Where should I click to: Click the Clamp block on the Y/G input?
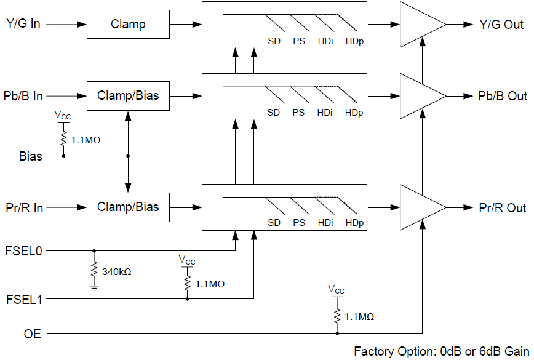pos(128,25)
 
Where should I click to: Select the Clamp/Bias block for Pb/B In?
pos(128,96)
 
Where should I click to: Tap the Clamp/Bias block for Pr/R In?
pos(128,207)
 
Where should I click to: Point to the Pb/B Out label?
pos(503,97)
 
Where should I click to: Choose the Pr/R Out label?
pos(503,208)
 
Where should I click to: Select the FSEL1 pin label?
pos(24,300)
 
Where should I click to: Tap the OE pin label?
pos(32,334)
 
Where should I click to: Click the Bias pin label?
pos(31,156)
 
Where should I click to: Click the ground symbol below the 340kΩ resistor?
pos(94,287)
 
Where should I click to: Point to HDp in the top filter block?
pos(354,42)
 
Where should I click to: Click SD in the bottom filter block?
pos(274,222)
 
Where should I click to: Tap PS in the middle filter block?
pos(298,113)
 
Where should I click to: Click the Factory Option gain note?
pos(441,351)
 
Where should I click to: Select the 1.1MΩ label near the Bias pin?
pos(86,140)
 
